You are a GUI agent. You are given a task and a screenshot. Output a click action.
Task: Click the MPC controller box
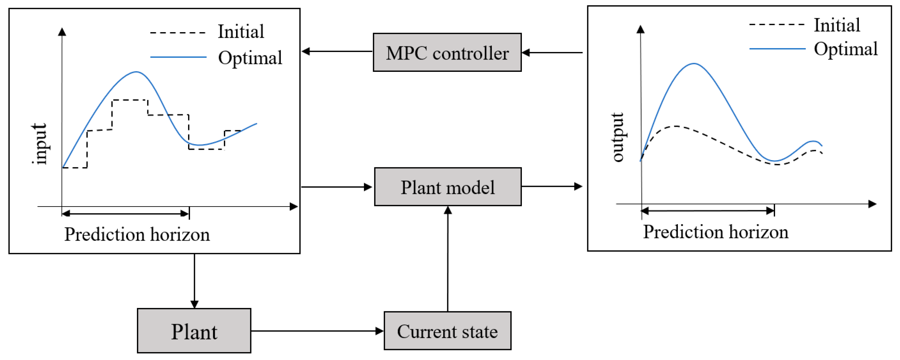tap(447, 52)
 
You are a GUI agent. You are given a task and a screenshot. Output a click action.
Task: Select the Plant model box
tap(448, 187)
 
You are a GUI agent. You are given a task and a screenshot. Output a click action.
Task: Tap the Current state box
tap(447, 331)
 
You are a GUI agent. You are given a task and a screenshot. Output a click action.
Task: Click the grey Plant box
tap(194, 331)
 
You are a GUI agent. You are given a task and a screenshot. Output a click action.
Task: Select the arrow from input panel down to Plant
tap(194, 281)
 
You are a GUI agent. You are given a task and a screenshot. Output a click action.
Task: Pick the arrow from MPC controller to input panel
tap(337, 51)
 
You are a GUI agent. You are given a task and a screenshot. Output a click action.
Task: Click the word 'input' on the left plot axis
tap(40, 144)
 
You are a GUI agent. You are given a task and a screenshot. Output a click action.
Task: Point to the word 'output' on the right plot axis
tap(618, 137)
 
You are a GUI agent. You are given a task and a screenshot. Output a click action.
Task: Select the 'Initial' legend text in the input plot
tap(241, 31)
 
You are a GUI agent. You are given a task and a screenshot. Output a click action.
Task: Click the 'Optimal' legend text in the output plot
tap(846, 49)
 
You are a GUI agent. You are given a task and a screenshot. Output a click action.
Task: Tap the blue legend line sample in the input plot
tap(178, 57)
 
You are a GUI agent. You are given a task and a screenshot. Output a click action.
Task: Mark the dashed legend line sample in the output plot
tap(777, 25)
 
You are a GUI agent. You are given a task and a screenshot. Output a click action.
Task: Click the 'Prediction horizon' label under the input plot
tap(137, 235)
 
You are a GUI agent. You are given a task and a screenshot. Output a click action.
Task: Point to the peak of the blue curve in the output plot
tap(694, 64)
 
